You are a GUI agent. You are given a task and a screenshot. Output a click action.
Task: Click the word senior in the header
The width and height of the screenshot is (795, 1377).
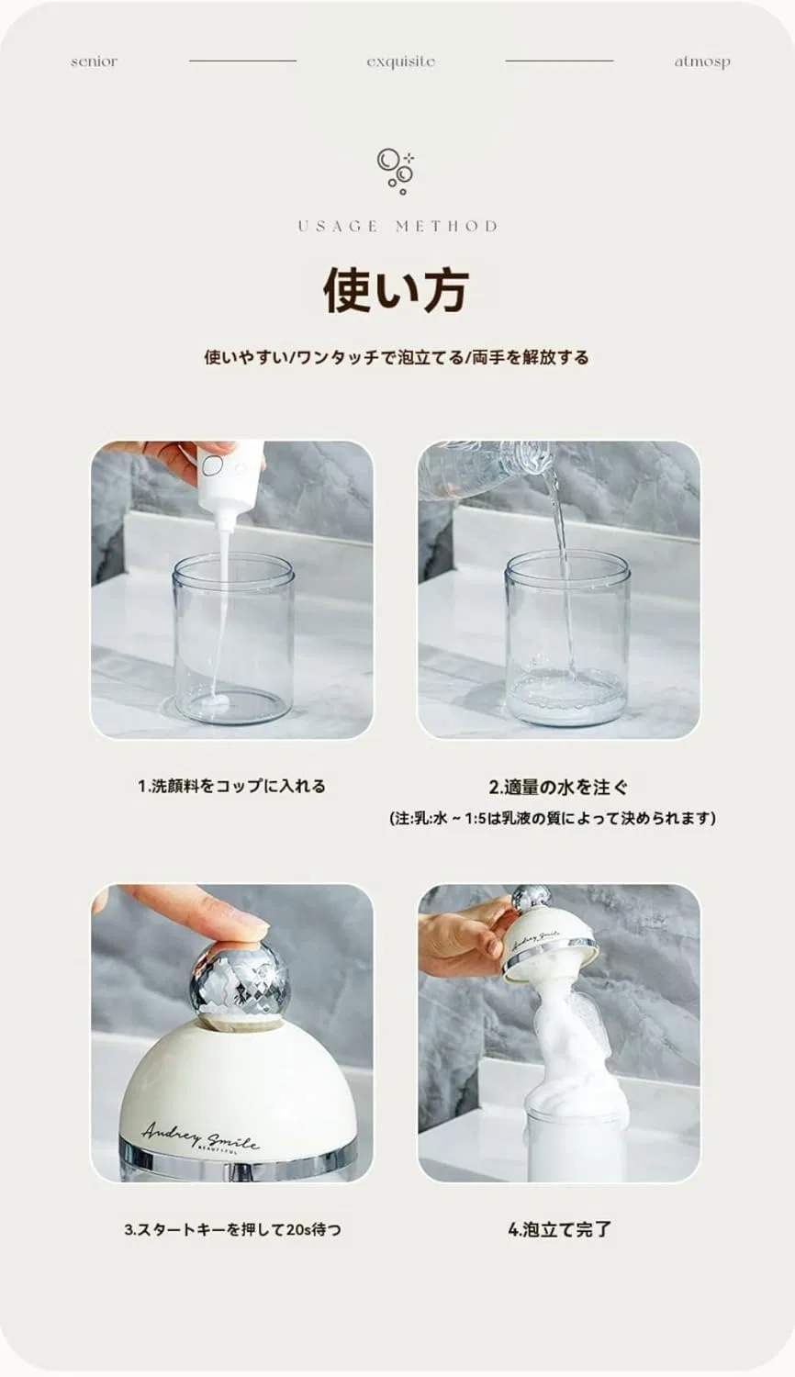(94, 62)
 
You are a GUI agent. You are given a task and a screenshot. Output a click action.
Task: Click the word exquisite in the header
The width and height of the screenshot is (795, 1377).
(401, 62)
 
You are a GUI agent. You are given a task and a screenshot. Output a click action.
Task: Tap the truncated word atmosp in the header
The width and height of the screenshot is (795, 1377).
(702, 62)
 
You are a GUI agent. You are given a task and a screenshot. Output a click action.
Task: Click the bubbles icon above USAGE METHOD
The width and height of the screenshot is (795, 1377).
(395, 170)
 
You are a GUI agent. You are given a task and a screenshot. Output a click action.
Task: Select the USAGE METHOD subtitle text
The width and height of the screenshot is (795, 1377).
(397, 226)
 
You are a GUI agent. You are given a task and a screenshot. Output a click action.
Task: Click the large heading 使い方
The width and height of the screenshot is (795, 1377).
(397, 289)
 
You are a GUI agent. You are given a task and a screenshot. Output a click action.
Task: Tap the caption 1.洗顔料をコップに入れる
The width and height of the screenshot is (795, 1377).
(231, 786)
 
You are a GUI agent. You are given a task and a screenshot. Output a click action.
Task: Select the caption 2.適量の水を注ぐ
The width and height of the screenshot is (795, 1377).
(559, 786)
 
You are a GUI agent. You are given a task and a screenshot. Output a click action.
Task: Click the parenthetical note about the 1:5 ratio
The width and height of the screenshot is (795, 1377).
(553, 818)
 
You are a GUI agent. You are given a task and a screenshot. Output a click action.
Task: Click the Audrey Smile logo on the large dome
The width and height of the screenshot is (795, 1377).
(201, 1130)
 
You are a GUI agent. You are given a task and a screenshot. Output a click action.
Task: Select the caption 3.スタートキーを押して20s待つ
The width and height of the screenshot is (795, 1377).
(232, 1230)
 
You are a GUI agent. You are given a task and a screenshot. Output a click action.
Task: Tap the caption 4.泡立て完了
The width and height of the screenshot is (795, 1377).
(559, 1229)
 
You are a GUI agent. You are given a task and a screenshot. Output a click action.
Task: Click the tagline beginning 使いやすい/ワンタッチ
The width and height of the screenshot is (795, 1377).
(397, 357)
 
